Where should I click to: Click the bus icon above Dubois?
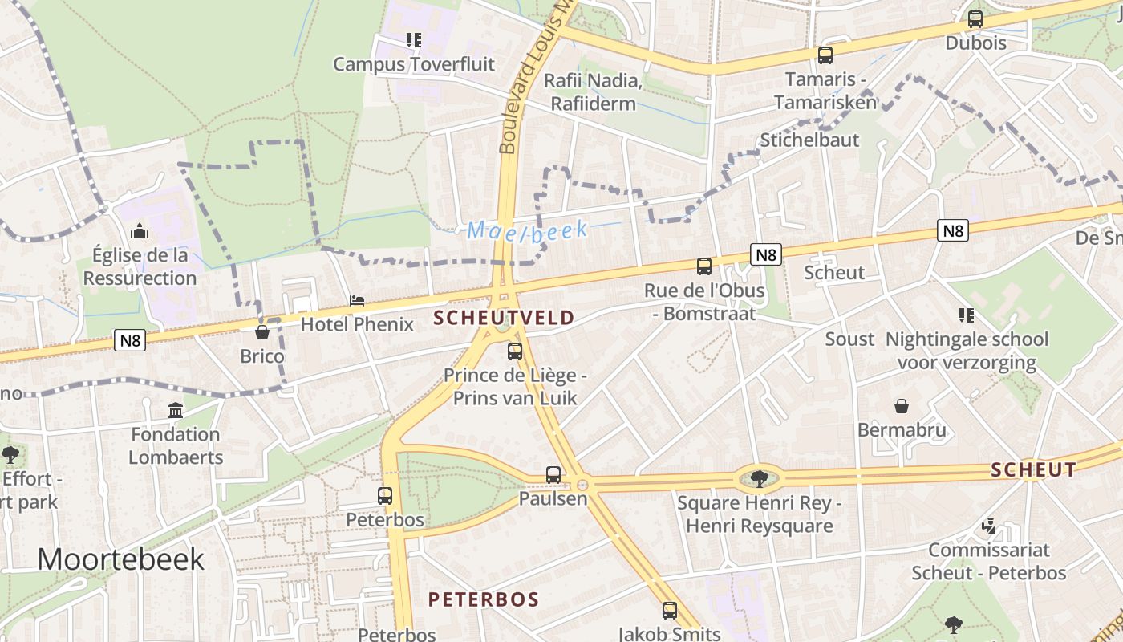[975, 19]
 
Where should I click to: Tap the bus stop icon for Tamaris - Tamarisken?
[825, 55]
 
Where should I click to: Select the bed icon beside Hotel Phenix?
[357, 301]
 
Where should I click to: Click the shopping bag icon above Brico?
[261, 331]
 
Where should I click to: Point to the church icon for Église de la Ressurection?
[140, 231]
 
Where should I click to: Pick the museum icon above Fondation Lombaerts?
[176, 411]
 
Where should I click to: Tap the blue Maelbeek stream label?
[527, 230]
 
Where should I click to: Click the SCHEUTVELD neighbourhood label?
[504, 318]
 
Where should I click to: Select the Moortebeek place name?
[120, 559]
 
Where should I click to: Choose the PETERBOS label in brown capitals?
[483, 599]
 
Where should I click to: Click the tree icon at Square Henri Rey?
[759, 479]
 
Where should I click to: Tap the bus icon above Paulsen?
[553, 474]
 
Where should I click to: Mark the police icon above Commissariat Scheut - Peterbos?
[989, 526]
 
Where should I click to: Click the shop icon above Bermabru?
[902, 406]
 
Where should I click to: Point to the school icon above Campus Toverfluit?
[413, 40]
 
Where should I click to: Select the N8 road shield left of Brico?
[130, 340]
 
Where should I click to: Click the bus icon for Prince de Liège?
[515, 351]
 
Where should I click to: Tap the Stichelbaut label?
[809, 140]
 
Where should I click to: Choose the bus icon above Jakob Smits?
[670, 611]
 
